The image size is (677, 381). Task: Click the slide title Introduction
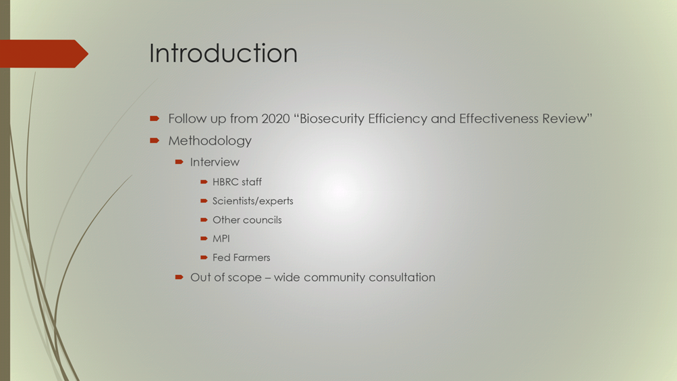click(x=223, y=53)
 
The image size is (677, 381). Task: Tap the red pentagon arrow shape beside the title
click(x=44, y=53)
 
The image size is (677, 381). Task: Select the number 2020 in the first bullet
click(x=275, y=119)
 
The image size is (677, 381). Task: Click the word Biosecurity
click(x=332, y=119)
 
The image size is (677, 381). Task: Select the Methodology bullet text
click(x=210, y=141)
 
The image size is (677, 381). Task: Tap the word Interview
click(x=215, y=162)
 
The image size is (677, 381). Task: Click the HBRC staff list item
click(x=237, y=182)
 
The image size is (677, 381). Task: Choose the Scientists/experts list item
click(x=252, y=201)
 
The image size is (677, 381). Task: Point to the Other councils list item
click(x=247, y=220)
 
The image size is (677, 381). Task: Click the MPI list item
click(x=221, y=238)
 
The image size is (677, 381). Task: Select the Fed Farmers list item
click(x=242, y=257)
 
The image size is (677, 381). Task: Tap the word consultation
click(x=402, y=278)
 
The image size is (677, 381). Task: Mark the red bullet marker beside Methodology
click(x=155, y=141)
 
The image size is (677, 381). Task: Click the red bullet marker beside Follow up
click(x=155, y=118)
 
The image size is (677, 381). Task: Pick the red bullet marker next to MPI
click(x=205, y=238)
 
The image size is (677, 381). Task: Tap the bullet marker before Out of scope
click(x=179, y=278)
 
